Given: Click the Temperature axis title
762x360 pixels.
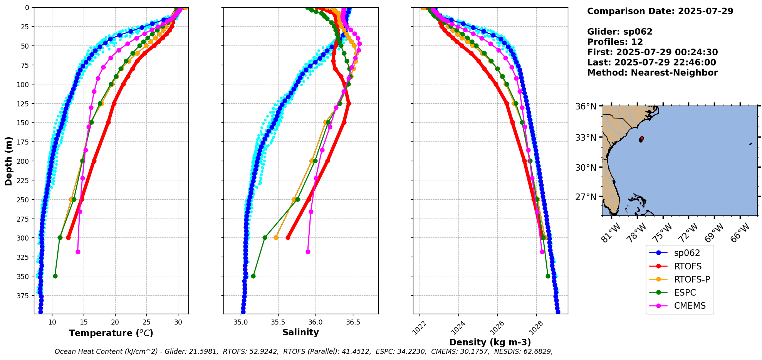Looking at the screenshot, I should pyautogui.click(x=111, y=333).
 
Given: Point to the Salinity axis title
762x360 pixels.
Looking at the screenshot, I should pyautogui.click(x=300, y=332).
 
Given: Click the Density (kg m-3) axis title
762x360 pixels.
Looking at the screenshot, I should pyautogui.click(x=490, y=342).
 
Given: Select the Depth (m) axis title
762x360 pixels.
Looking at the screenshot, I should pyautogui.click(x=8, y=161).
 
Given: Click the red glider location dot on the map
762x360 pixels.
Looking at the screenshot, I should pyautogui.click(x=641, y=138).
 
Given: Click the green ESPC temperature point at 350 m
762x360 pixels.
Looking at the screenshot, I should pyautogui.click(x=55, y=276).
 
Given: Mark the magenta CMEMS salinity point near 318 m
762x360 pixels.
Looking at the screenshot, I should pyautogui.click(x=308, y=252).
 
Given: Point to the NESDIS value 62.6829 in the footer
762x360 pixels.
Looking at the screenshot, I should pyautogui.click(x=537, y=352).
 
